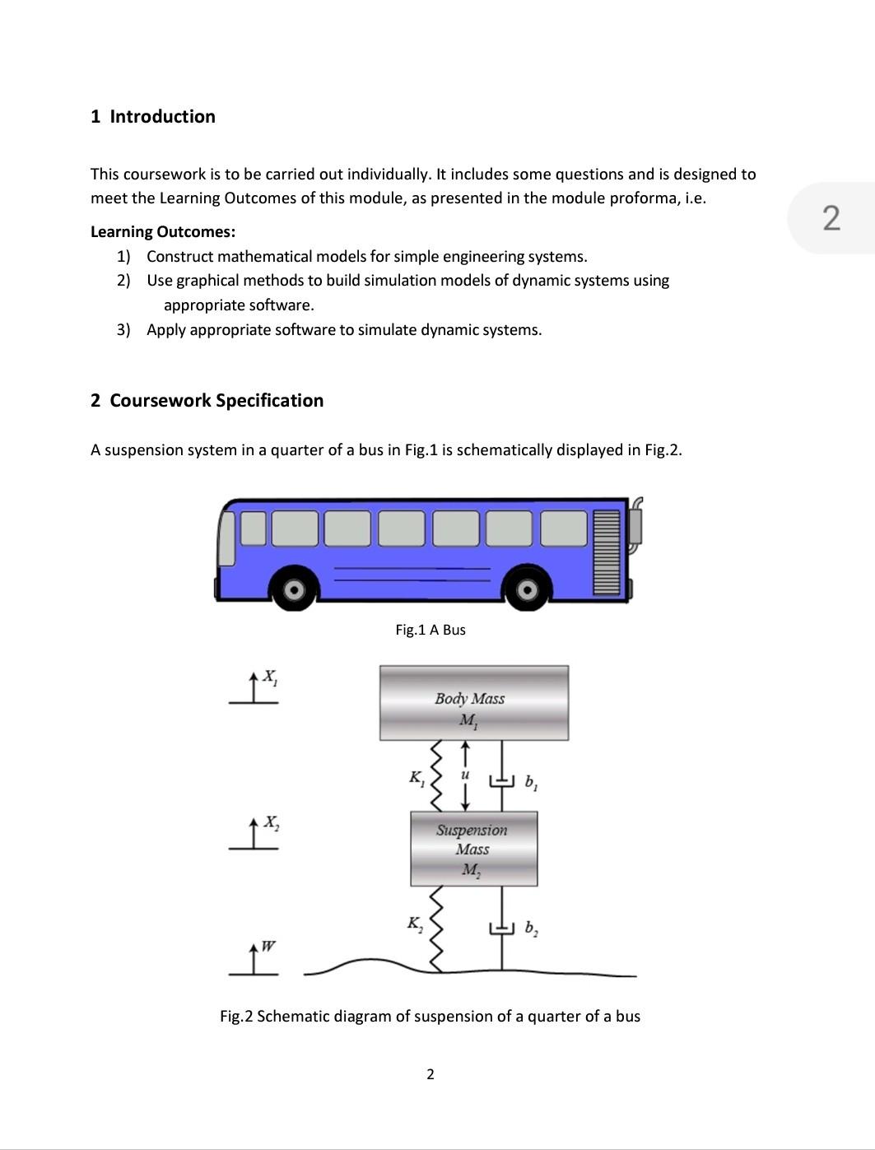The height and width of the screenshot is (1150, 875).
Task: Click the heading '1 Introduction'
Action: [x=153, y=117]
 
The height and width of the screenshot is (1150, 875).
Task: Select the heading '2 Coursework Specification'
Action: [x=207, y=401]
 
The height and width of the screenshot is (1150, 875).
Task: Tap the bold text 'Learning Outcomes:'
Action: [x=163, y=232]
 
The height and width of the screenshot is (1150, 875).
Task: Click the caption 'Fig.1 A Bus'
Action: [x=431, y=630]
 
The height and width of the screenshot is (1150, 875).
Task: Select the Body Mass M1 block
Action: [x=473, y=703]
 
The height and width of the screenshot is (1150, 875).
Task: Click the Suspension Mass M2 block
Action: [x=473, y=849]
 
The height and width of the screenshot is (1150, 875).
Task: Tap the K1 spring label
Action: [x=417, y=778]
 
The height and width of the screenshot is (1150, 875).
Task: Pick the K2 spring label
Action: [x=415, y=924]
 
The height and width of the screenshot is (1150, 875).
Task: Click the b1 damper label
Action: [x=531, y=782]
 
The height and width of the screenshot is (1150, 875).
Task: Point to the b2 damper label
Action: [x=531, y=930]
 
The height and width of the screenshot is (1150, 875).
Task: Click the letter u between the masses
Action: [x=465, y=775]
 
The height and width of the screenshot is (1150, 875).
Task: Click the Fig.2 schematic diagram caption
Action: [x=430, y=1017]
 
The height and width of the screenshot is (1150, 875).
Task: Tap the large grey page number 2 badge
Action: [x=831, y=218]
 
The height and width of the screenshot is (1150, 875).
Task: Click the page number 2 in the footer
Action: [x=430, y=1074]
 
